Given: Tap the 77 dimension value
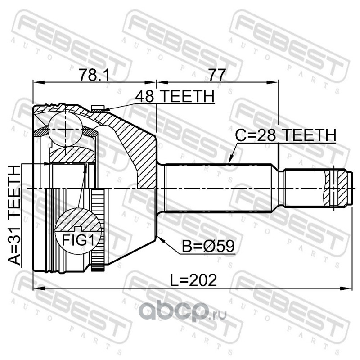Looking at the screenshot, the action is (217, 74).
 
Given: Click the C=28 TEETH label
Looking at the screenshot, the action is (286, 135).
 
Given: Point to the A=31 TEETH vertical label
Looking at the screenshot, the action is (14, 216).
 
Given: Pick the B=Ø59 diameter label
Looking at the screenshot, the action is (208, 246).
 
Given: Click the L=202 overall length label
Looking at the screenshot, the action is (193, 280).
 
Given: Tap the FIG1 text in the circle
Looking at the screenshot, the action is (78, 240).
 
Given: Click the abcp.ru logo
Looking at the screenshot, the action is (183, 311).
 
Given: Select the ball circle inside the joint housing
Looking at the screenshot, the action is (65, 129).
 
